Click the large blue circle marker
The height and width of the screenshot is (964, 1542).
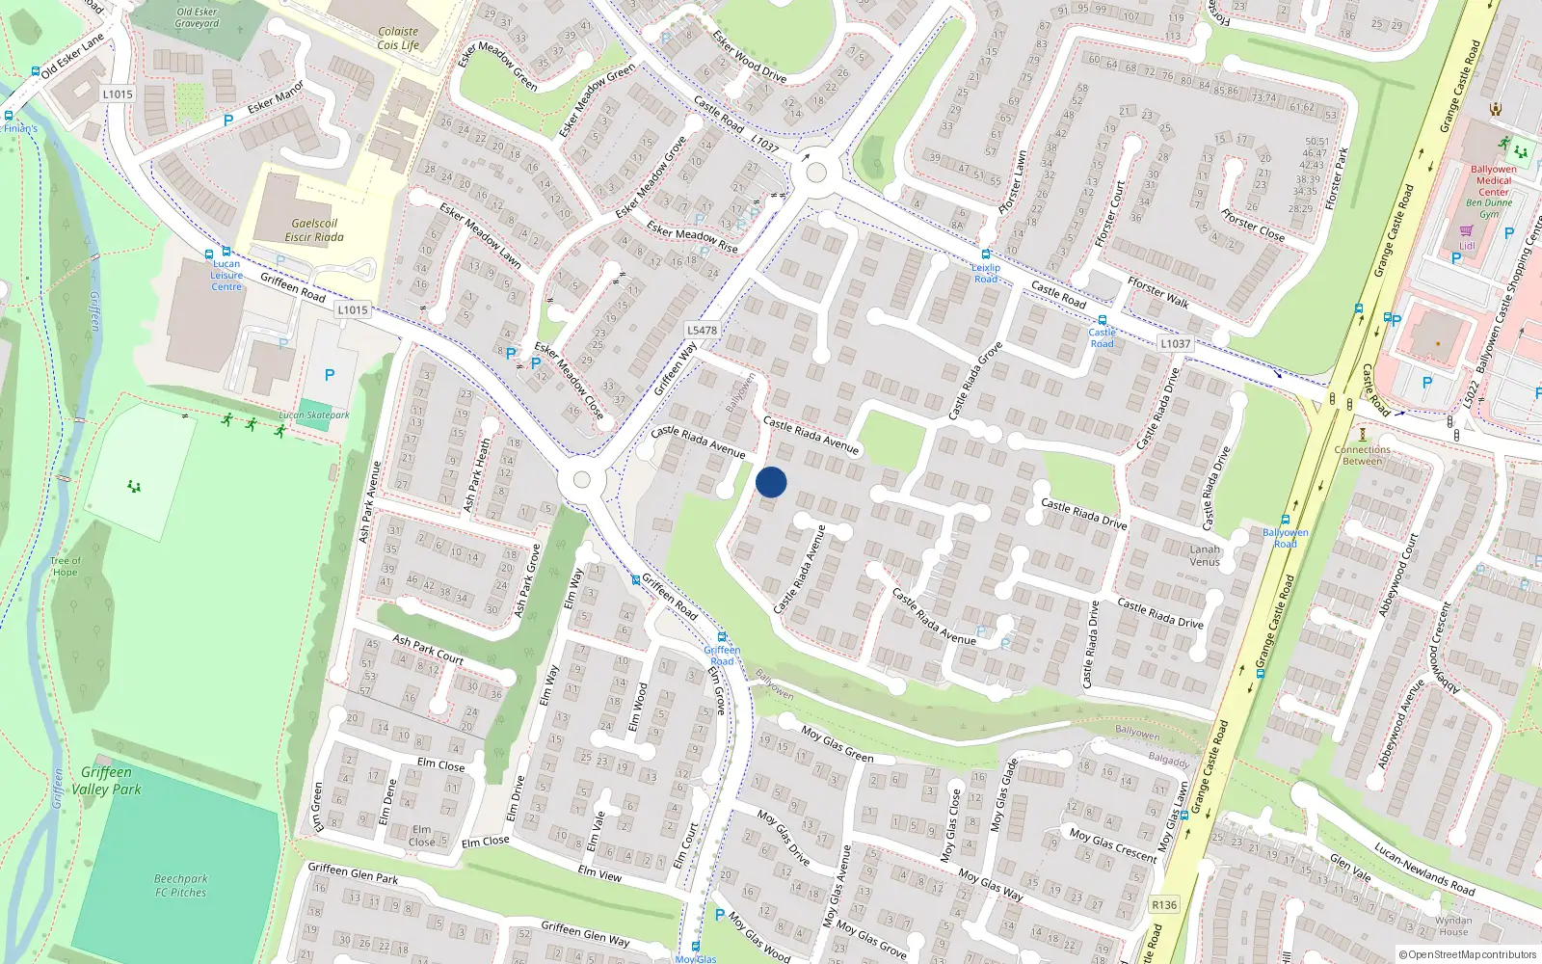771,482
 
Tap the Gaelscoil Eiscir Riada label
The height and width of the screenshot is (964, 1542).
314,229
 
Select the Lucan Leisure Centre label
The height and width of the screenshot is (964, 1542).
226,275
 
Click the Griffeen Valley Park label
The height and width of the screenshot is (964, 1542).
106,781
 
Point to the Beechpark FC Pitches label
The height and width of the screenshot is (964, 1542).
181,885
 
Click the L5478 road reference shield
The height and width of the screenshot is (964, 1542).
702,330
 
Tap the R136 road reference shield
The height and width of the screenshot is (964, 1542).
1164,904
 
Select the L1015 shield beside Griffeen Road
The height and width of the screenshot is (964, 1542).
353,309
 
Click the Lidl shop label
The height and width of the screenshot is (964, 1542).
1466,246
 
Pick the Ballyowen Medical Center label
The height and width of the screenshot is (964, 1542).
1494,180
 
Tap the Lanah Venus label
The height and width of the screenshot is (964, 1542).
1205,555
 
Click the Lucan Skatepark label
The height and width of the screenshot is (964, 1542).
314,415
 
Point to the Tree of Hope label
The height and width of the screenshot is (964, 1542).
66,566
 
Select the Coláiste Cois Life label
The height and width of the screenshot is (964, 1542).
398,39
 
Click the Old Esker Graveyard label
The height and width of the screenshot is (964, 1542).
197,17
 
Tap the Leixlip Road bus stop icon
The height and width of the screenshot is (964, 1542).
985,255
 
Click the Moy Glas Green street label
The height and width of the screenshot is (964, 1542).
837,745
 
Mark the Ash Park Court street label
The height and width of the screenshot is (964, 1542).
428,649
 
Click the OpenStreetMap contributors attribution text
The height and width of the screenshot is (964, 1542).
1468,955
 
